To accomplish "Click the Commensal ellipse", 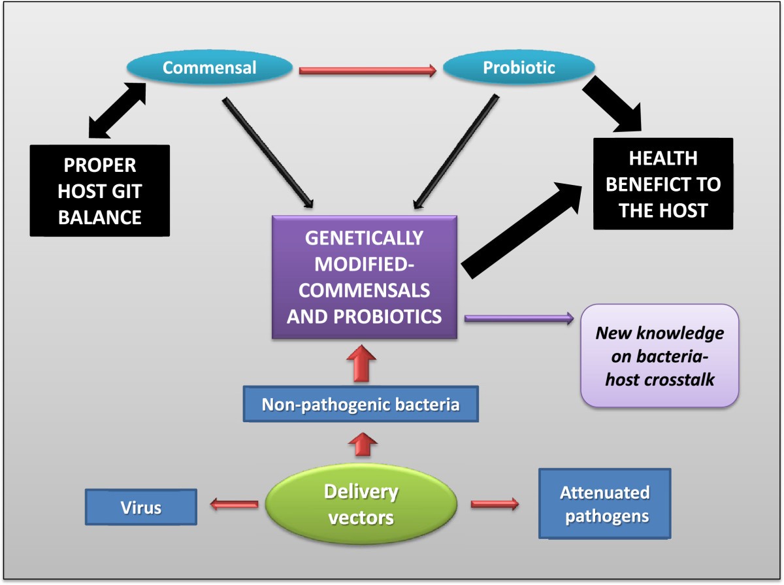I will point(208,68).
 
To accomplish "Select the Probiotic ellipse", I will point(518,68).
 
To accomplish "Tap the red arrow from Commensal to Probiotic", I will point(367,71).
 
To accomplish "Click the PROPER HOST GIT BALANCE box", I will point(99,190).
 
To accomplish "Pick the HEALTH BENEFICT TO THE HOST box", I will point(662,184).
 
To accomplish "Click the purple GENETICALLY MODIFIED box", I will point(365,276).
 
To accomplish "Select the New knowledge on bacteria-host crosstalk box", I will point(659,356).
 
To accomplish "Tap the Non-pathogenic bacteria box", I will point(361,404).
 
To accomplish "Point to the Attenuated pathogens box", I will point(604,504).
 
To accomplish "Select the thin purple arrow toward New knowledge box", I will point(518,318).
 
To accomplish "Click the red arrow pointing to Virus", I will point(233,504).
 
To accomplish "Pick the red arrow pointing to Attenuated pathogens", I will point(495,504).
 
